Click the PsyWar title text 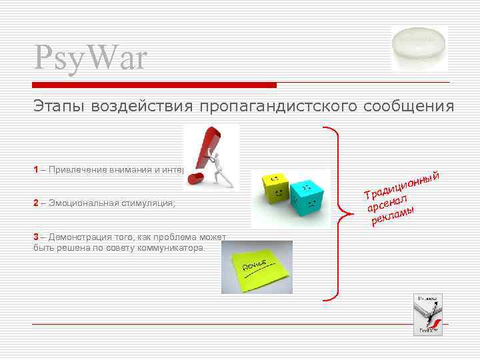tap(89, 57)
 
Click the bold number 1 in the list tap(36, 169)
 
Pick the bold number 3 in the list tap(36, 237)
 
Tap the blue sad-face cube tap(308, 196)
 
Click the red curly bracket tap(339, 213)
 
